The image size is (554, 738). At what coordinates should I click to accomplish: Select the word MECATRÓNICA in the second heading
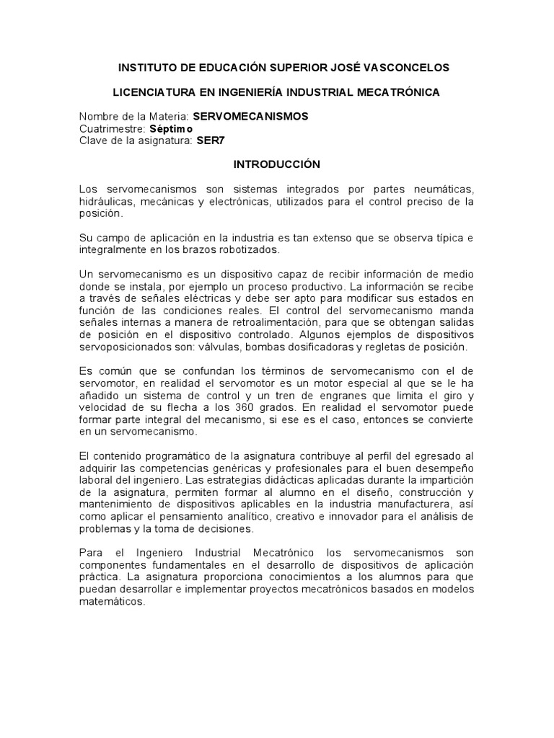[400, 92]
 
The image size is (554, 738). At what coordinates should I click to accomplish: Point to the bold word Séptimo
[171, 128]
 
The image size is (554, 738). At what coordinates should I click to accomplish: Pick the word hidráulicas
[105, 202]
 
